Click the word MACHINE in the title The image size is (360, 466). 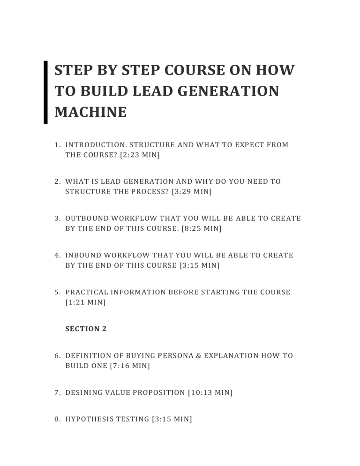click(90, 112)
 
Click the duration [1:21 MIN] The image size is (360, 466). click(85, 302)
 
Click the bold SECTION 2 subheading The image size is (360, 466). click(86, 329)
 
